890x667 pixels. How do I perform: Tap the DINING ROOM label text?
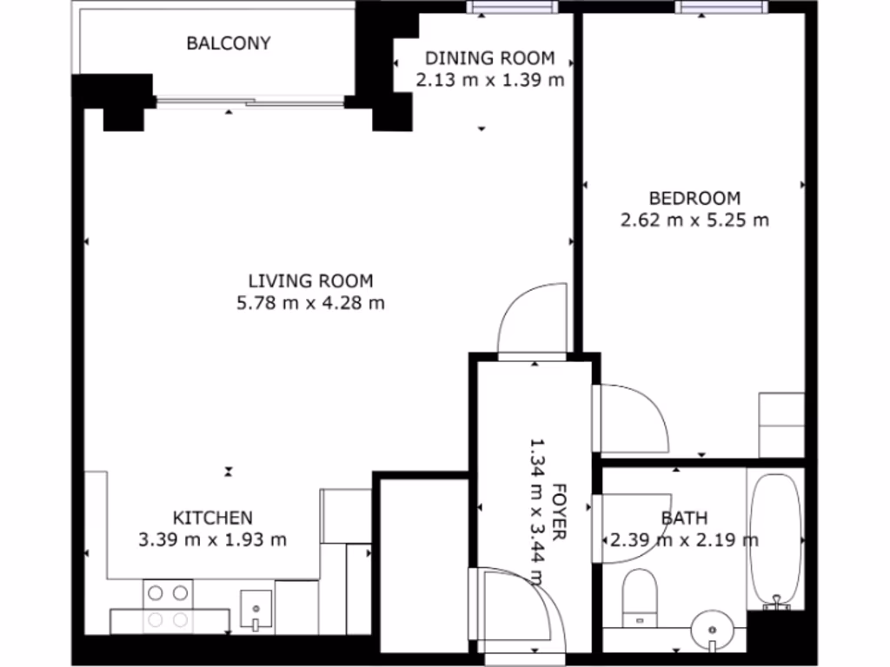point(488,58)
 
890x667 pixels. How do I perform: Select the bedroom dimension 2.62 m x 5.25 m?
point(694,220)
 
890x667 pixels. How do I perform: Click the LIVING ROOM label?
point(310,281)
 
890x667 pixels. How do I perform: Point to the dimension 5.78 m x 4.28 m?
point(310,303)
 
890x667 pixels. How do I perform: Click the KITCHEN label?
point(212,518)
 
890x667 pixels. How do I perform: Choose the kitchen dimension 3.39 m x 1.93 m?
point(212,539)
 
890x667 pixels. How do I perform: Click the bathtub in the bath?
point(776,538)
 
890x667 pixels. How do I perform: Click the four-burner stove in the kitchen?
point(168,606)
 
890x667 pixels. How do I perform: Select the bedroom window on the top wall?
point(722,8)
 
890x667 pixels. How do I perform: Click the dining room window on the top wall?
point(511,8)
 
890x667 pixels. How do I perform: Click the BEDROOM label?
point(694,197)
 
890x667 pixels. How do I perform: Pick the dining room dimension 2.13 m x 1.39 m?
point(488,81)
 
